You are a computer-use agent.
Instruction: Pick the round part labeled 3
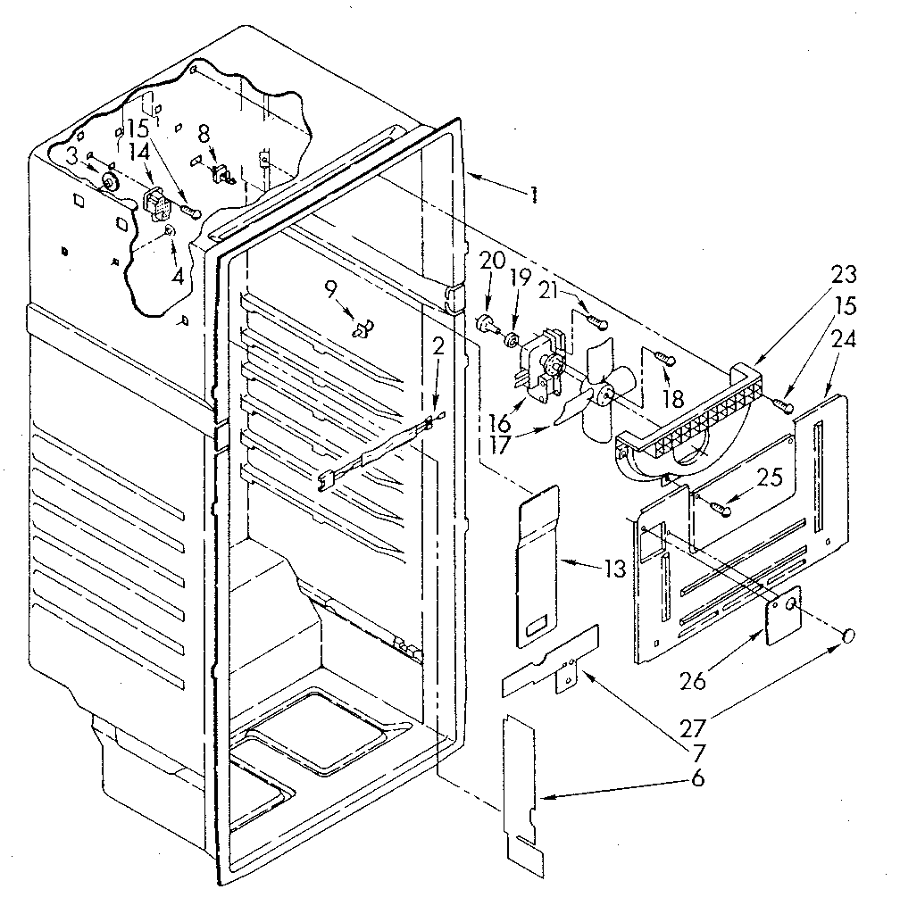pos(111,183)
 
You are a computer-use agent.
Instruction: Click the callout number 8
pos(204,134)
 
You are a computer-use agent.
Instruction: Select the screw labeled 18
pos(666,358)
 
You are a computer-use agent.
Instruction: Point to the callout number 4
pos(177,277)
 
